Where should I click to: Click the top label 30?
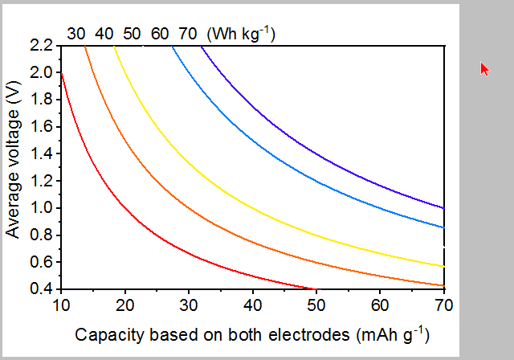(76, 34)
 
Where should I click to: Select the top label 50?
(132, 34)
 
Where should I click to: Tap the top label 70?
(187, 34)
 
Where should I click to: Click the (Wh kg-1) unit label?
(241, 33)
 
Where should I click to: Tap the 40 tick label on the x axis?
(251, 305)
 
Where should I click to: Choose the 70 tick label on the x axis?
(443, 305)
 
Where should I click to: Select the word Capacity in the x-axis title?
(104, 334)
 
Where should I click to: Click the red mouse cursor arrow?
(484, 68)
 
